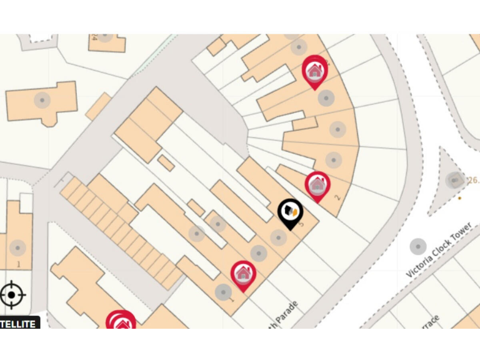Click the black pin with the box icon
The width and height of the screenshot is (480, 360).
point(290,211)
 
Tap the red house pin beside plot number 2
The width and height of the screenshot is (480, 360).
point(317,184)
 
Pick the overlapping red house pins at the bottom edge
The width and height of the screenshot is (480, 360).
point(121,322)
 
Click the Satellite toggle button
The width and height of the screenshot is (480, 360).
point(19,323)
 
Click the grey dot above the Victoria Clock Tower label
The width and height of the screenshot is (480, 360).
point(417,247)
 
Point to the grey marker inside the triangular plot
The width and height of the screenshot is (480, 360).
point(454,181)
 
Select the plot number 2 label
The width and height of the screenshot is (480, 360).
point(337,198)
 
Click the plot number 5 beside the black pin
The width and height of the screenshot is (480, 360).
point(301,224)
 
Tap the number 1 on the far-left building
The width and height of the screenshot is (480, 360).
point(18,264)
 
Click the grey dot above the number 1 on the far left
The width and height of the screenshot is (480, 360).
point(17,248)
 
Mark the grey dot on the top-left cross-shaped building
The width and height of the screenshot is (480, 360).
point(42,100)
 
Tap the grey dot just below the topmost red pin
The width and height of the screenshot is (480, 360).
point(326,98)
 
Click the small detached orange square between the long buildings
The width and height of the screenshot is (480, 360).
point(166,163)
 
